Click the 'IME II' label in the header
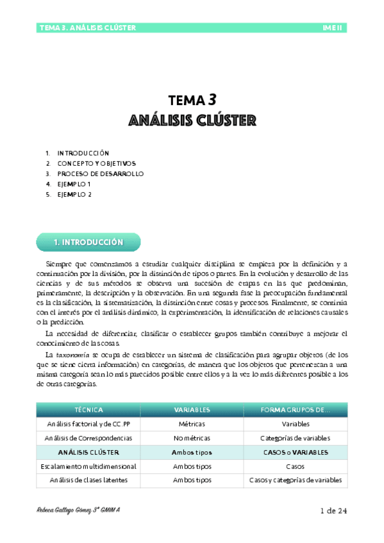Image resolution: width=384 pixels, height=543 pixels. [x=334, y=28]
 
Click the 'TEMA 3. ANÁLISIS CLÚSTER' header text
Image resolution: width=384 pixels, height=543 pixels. [x=87, y=28]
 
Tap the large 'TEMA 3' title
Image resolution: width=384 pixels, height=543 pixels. [x=192, y=100]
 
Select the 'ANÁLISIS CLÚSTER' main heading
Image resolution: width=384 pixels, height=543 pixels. [x=192, y=120]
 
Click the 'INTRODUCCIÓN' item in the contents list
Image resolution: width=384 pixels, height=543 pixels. [x=83, y=153]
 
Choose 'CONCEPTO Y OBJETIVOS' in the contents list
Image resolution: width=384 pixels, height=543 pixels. [x=97, y=163]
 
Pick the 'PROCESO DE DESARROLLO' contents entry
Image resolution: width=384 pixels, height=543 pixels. [x=101, y=174]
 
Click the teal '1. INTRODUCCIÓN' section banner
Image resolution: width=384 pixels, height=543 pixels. [x=88, y=243]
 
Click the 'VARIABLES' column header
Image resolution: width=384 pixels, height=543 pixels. [x=192, y=409]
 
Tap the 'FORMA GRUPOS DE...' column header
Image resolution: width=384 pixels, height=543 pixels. [x=296, y=409]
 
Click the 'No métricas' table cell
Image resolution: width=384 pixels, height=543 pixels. [x=192, y=438]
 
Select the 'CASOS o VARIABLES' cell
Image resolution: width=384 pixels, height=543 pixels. [x=296, y=452]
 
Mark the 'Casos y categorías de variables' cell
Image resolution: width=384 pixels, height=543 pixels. [x=296, y=480]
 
